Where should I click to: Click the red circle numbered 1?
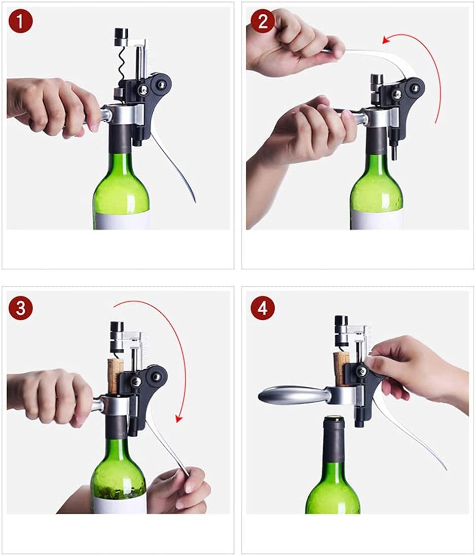click(20, 23)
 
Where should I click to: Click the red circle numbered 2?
click(263, 21)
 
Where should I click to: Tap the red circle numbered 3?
click(20, 308)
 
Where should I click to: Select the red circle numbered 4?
click(263, 308)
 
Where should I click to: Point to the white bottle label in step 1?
click(122, 220)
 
